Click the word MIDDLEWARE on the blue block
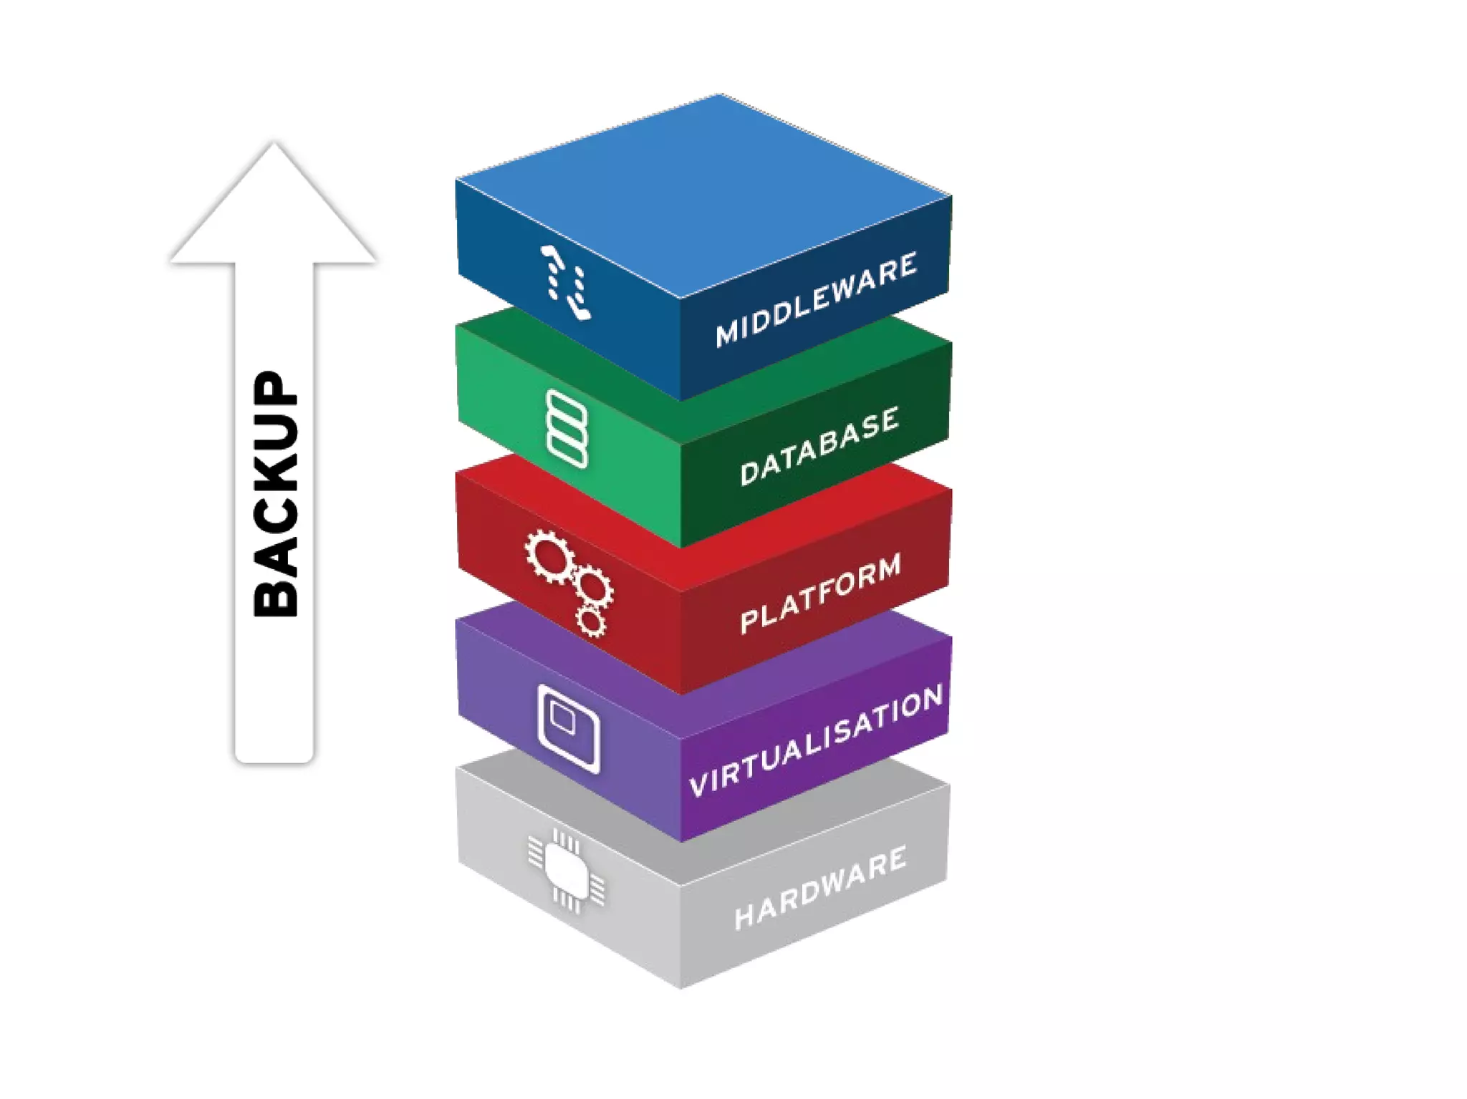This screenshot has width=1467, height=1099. point(816,299)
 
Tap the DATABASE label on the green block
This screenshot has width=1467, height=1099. point(819,446)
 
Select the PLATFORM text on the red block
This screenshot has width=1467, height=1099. point(820,594)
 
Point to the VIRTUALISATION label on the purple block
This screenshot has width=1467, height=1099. point(816,740)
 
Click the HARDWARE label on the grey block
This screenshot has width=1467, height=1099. point(820,888)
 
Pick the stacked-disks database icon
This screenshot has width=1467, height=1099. point(567,429)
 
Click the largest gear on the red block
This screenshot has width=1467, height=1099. point(550,556)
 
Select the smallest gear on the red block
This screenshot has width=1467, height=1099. point(592,621)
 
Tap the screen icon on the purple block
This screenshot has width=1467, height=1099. point(568,728)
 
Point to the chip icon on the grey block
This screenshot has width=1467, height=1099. point(566,870)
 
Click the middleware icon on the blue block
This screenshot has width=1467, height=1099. point(567,282)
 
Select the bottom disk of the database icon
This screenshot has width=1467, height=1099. point(567,452)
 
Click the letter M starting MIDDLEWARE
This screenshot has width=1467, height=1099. point(726,334)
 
